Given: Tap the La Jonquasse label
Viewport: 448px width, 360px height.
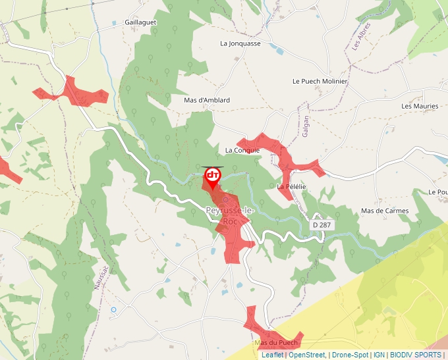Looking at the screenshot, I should (x=240, y=43).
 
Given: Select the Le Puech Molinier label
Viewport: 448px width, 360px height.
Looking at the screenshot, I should (x=320, y=81).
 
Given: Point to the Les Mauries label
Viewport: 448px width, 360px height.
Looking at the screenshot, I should (x=420, y=106).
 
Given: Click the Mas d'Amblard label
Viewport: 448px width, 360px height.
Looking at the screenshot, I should (x=207, y=100).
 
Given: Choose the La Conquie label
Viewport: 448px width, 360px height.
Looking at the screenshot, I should (x=242, y=150).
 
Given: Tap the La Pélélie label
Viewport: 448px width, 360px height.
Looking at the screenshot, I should (x=292, y=187).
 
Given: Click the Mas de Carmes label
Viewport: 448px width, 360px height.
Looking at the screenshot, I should (x=385, y=211).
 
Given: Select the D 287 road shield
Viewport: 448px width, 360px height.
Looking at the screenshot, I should (x=322, y=225).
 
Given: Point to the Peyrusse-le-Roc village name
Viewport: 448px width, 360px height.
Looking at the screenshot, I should (x=230, y=216).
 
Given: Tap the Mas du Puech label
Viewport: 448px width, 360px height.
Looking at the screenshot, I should (x=276, y=343).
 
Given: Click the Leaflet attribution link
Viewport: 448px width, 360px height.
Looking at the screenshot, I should (x=272, y=355).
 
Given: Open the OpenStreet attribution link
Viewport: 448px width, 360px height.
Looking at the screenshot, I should (x=306, y=355).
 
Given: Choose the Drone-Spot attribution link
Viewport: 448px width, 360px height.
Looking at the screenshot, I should (x=350, y=355).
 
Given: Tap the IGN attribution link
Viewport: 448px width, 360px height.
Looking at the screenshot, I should (x=379, y=355).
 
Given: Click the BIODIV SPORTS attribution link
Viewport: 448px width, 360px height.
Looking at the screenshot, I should (x=415, y=355).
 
